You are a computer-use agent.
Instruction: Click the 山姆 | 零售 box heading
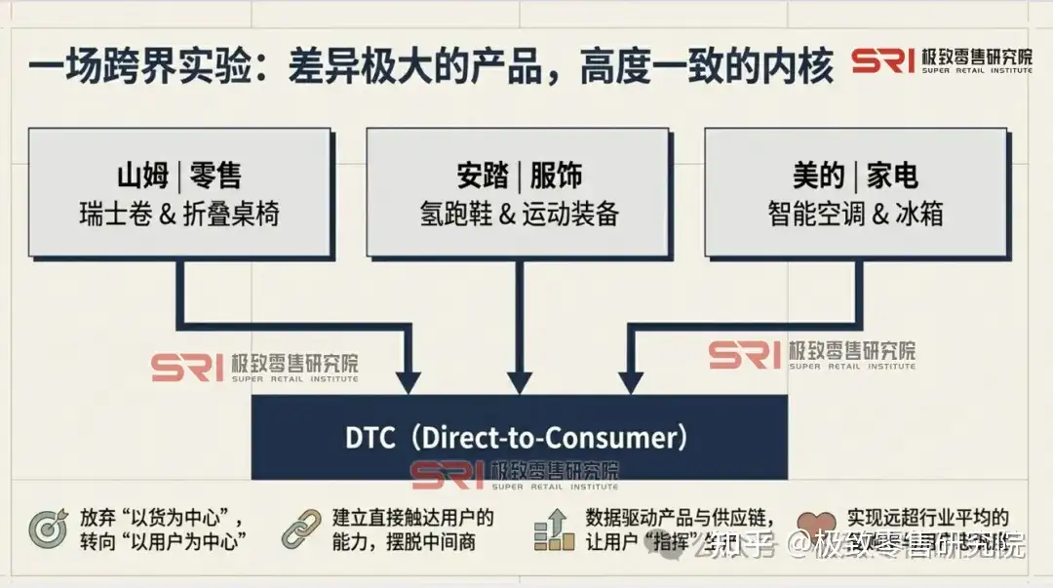click(178, 176)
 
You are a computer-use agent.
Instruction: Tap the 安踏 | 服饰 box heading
click(519, 176)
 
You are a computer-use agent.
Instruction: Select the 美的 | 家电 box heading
click(855, 176)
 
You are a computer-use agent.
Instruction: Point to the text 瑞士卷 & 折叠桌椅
click(178, 215)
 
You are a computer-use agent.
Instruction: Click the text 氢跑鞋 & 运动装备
click(519, 215)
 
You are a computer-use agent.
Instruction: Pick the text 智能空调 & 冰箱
click(855, 215)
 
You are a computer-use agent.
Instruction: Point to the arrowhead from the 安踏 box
click(520, 381)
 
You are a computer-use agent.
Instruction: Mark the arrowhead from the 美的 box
click(631, 381)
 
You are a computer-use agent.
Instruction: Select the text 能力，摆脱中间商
click(404, 542)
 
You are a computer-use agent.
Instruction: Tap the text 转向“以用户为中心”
click(162, 542)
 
